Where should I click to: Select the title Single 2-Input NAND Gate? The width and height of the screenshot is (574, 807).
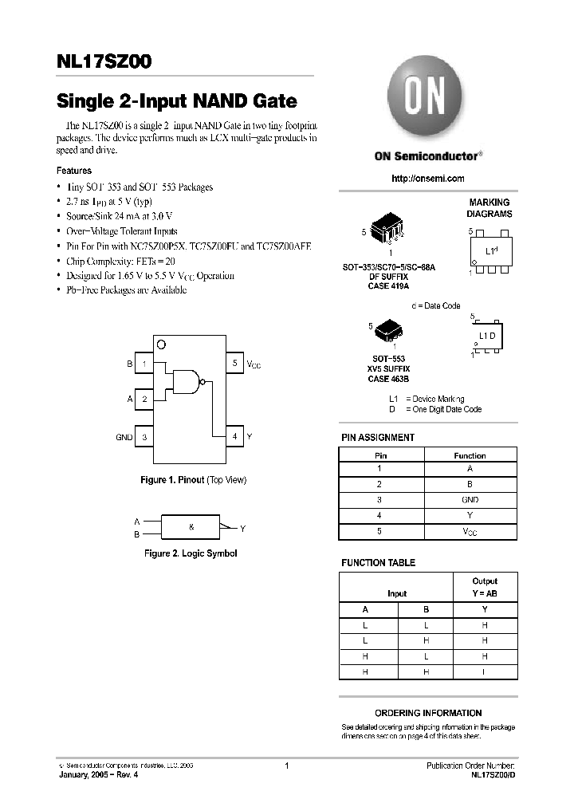click(176, 101)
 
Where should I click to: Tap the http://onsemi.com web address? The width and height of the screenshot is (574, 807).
click(428, 179)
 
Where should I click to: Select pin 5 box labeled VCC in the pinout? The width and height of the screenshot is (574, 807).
click(234, 364)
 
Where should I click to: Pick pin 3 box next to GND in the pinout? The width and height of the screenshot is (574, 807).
click(144, 437)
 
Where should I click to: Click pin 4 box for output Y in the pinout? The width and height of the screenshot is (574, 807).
click(234, 436)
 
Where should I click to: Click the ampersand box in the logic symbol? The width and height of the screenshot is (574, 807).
click(191, 527)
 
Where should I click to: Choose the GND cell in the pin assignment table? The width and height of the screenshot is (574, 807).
click(470, 499)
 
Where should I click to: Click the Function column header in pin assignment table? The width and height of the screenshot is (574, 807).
click(470, 455)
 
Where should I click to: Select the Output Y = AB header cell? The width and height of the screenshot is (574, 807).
click(485, 587)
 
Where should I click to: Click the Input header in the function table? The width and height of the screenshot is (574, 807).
click(396, 593)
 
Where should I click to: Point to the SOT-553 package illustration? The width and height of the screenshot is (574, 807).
click(388, 329)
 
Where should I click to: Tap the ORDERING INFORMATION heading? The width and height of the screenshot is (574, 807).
click(428, 713)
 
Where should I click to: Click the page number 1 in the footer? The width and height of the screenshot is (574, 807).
click(285, 766)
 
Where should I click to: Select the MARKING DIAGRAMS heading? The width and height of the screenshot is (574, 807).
click(489, 208)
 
